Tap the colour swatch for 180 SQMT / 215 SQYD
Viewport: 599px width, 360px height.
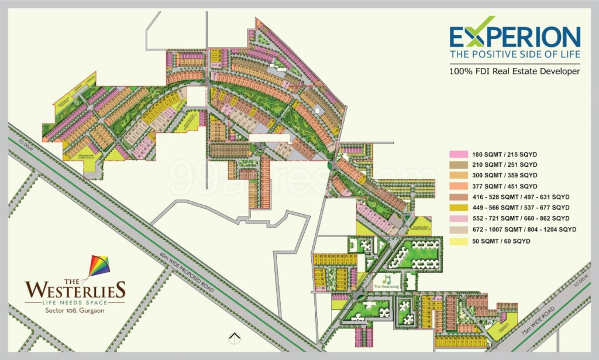pyautogui.click(x=458, y=153)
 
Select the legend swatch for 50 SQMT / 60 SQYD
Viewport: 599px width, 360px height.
pyautogui.click(x=458, y=241)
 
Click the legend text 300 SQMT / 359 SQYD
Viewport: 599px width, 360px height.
pyautogui.click(x=504, y=175)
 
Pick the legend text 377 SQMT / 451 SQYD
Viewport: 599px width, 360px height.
pyautogui.click(x=504, y=186)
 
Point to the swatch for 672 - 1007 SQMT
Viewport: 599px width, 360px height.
pyautogui.click(x=458, y=229)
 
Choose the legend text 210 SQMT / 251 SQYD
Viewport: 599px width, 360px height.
pyautogui.click(x=504, y=164)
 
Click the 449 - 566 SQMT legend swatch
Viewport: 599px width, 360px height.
pyautogui.click(x=458, y=208)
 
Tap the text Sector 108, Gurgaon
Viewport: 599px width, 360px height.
pyautogui.click(x=75, y=310)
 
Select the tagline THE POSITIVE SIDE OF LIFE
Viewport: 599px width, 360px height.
pyautogui.click(x=514, y=54)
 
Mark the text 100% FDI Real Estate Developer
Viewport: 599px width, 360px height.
pyautogui.click(x=514, y=71)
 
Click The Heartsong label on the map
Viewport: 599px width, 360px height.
pyautogui.click(x=385, y=287)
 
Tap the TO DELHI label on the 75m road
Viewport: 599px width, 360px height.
pyautogui.click(x=583, y=283)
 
